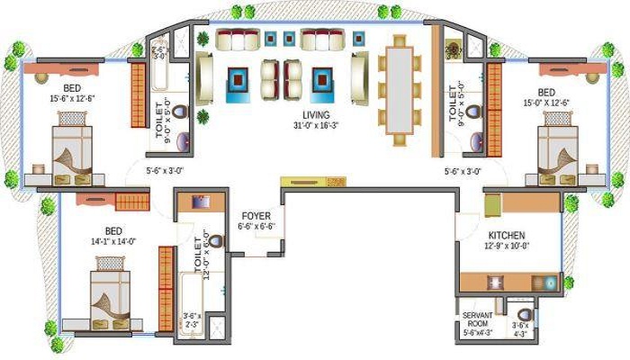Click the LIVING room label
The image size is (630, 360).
pos(315,115)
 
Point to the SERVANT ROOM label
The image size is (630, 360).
pos(476,319)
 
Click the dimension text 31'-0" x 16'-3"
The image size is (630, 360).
pos(316,127)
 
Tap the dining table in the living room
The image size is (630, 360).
pos(398,86)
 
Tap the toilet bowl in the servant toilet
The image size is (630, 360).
pos(525,315)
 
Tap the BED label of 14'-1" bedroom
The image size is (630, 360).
pos(113,229)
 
